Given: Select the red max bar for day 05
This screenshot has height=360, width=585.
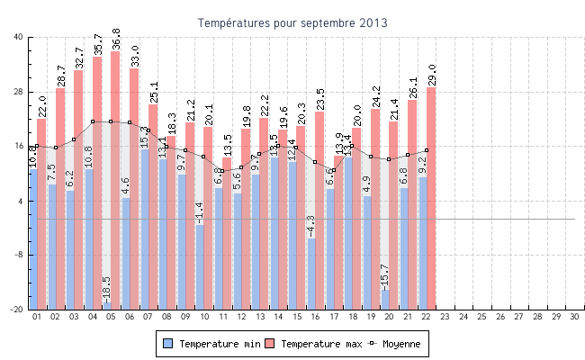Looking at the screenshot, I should pos(115,180).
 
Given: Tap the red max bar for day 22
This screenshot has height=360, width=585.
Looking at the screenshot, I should pos(431,198).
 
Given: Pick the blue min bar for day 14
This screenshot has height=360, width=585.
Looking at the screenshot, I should pos(274,234).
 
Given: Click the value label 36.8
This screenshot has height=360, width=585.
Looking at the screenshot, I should pos(115,39).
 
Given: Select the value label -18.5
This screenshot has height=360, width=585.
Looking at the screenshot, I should pos(106,289).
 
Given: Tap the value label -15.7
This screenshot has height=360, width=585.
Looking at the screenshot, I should pos(384,276).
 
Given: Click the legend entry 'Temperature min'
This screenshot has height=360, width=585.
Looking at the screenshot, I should pos(213,344).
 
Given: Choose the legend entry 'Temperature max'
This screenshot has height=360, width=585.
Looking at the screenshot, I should pos(314,344).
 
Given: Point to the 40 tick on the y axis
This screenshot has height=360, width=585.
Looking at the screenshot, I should pos(18,37).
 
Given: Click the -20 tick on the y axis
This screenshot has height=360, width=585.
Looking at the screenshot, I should pos(17,310).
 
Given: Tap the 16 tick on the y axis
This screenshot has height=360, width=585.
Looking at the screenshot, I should pos(18,146).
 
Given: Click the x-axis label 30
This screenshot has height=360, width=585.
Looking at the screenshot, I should pos(574,317).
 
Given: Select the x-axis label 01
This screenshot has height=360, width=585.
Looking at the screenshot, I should pos(37,317).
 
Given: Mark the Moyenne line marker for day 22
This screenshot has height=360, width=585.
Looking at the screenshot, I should pos(426,150).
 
